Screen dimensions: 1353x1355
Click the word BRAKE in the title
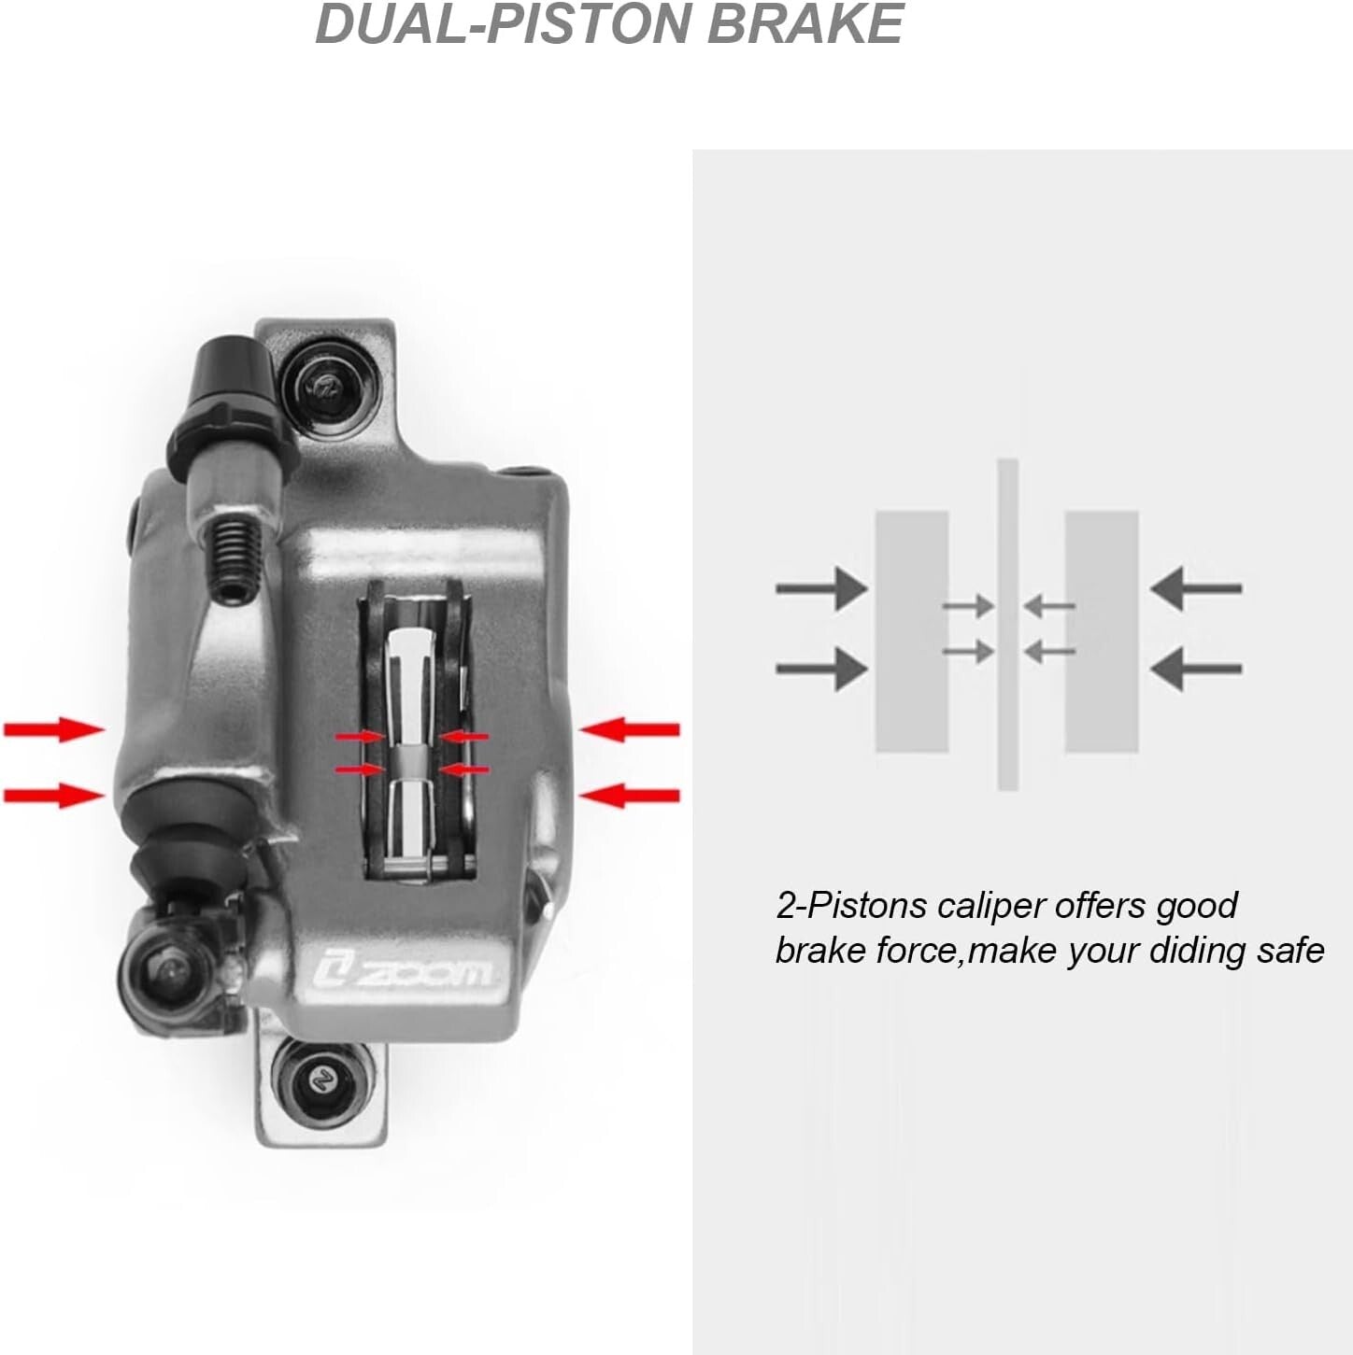(805, 24)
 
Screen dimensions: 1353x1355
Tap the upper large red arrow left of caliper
(54, 729)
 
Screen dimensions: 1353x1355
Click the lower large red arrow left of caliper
(54, 796)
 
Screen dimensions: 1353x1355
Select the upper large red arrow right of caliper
(628, 729)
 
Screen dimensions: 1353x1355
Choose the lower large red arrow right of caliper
(628, 796)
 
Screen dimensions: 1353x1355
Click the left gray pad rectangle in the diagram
(911, 631)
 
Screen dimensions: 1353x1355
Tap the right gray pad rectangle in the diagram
(1101, 631)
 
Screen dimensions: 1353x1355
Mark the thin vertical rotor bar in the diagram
(1007, 624)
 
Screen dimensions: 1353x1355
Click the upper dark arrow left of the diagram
(821, 587)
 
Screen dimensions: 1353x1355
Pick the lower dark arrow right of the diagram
(1195, 669)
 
